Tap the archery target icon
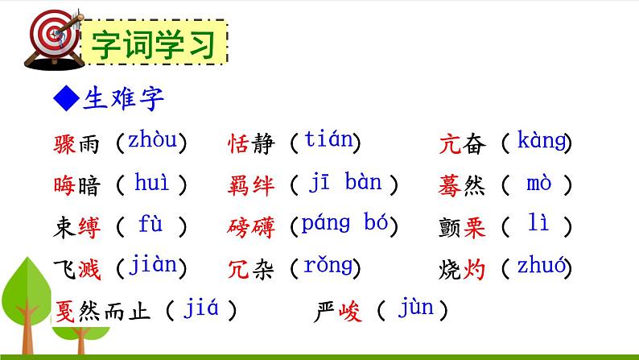point(49,35)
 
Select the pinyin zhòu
point(151,142)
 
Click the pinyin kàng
point(542,142)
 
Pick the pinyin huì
point(152,184)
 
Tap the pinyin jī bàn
point(345,184)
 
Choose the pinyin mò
point(538,184)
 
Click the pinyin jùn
point(414,308)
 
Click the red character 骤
point(64,144)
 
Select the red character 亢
point(451,144)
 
